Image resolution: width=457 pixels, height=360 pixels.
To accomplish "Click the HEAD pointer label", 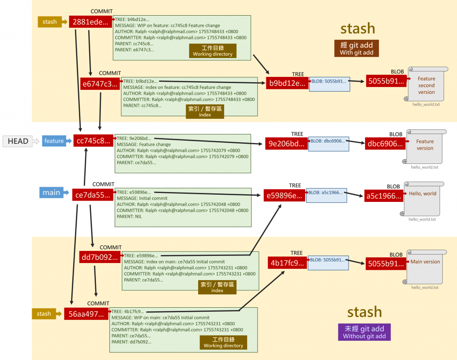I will coord(18,141).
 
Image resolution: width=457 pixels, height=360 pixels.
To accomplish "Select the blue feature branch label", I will coord(54,141).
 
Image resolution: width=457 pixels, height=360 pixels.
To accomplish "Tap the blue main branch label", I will coord(51,193).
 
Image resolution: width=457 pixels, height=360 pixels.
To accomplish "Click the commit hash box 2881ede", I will coord(90,22).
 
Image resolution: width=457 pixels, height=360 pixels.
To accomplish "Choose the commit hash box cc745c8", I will coord(93,141).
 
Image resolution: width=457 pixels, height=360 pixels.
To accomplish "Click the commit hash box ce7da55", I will coord(91,195).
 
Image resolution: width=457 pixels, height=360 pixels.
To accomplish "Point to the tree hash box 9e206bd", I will coord(286,143).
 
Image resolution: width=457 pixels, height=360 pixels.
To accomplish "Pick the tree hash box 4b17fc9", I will coord(287,263).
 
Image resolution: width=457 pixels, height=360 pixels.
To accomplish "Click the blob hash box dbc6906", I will coord(385,143).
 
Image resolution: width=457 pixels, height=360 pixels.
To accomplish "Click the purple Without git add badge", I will coord(364,332).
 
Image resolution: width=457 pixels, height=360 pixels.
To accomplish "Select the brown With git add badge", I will coord(357,49).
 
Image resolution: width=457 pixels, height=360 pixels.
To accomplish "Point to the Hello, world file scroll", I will coord(424,198).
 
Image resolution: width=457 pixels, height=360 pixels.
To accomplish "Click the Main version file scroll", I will coord(424,267).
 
